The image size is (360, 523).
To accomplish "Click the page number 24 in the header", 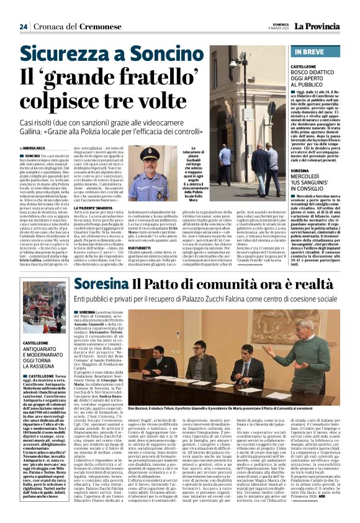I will tap(23, 27).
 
